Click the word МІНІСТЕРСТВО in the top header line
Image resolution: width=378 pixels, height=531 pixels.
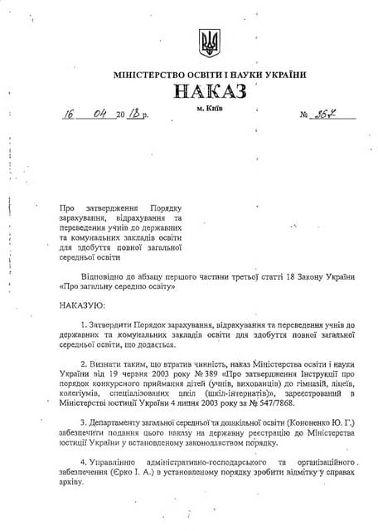[x=148, y=75]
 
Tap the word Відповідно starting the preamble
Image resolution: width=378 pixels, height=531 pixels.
[x=105, y=274]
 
